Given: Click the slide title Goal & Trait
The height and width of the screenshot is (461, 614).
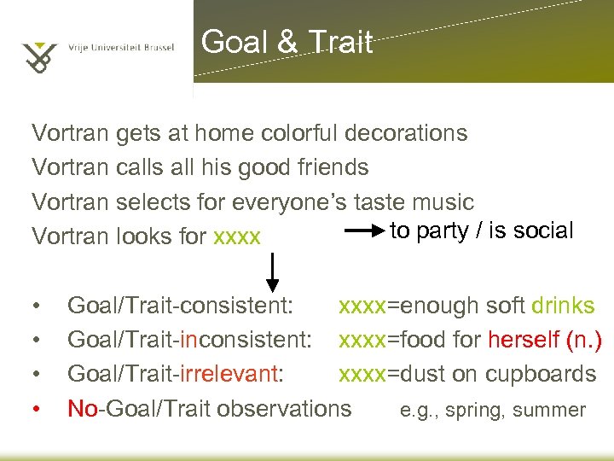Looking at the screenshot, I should click(x=287, y=42).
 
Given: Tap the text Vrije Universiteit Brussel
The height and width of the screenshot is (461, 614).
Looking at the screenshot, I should click(x=121, y=48).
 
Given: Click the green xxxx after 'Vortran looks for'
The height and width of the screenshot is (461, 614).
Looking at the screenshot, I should click(x=237, y=236).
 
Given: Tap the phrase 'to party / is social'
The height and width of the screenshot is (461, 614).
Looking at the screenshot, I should click(x=482, y=230).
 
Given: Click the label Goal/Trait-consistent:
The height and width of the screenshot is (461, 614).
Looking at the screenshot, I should click(x=181, y=306).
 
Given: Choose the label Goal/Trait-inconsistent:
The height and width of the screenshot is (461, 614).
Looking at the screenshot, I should click(x=189, y=340).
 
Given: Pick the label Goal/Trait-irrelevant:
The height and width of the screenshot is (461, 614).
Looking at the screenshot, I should click(x=176, y=374).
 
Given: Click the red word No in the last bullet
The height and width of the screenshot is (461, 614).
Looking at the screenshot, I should click(x=83, y=408).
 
